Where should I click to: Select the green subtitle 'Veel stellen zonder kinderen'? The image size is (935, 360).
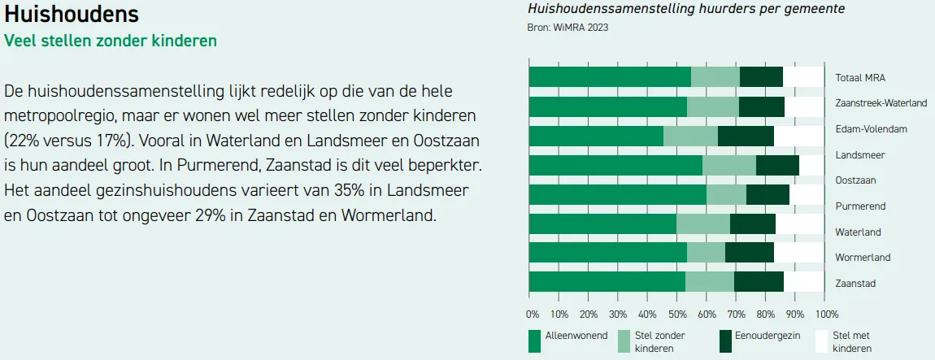111,41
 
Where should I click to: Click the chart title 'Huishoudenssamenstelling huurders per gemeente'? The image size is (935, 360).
686,9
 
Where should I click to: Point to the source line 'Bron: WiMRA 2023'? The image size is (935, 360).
568,27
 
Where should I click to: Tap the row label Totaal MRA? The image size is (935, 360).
860,79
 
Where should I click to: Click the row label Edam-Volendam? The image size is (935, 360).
871,129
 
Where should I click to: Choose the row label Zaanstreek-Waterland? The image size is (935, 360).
881,104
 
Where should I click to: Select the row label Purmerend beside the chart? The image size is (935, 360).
860,206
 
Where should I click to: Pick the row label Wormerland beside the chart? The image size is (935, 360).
863,258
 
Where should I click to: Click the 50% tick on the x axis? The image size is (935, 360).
677,314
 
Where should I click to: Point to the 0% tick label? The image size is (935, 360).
533,314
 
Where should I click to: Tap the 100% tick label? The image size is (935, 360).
825,314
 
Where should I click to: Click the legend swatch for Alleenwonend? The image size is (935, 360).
534,341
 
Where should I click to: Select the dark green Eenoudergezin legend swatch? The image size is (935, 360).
726,341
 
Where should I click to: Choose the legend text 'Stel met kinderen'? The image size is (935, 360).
852,341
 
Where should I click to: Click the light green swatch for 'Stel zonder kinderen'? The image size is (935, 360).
624,341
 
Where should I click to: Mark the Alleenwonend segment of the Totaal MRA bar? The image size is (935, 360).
609,76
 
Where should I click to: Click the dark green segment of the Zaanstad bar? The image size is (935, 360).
759,281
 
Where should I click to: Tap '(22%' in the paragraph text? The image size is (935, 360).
21,138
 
